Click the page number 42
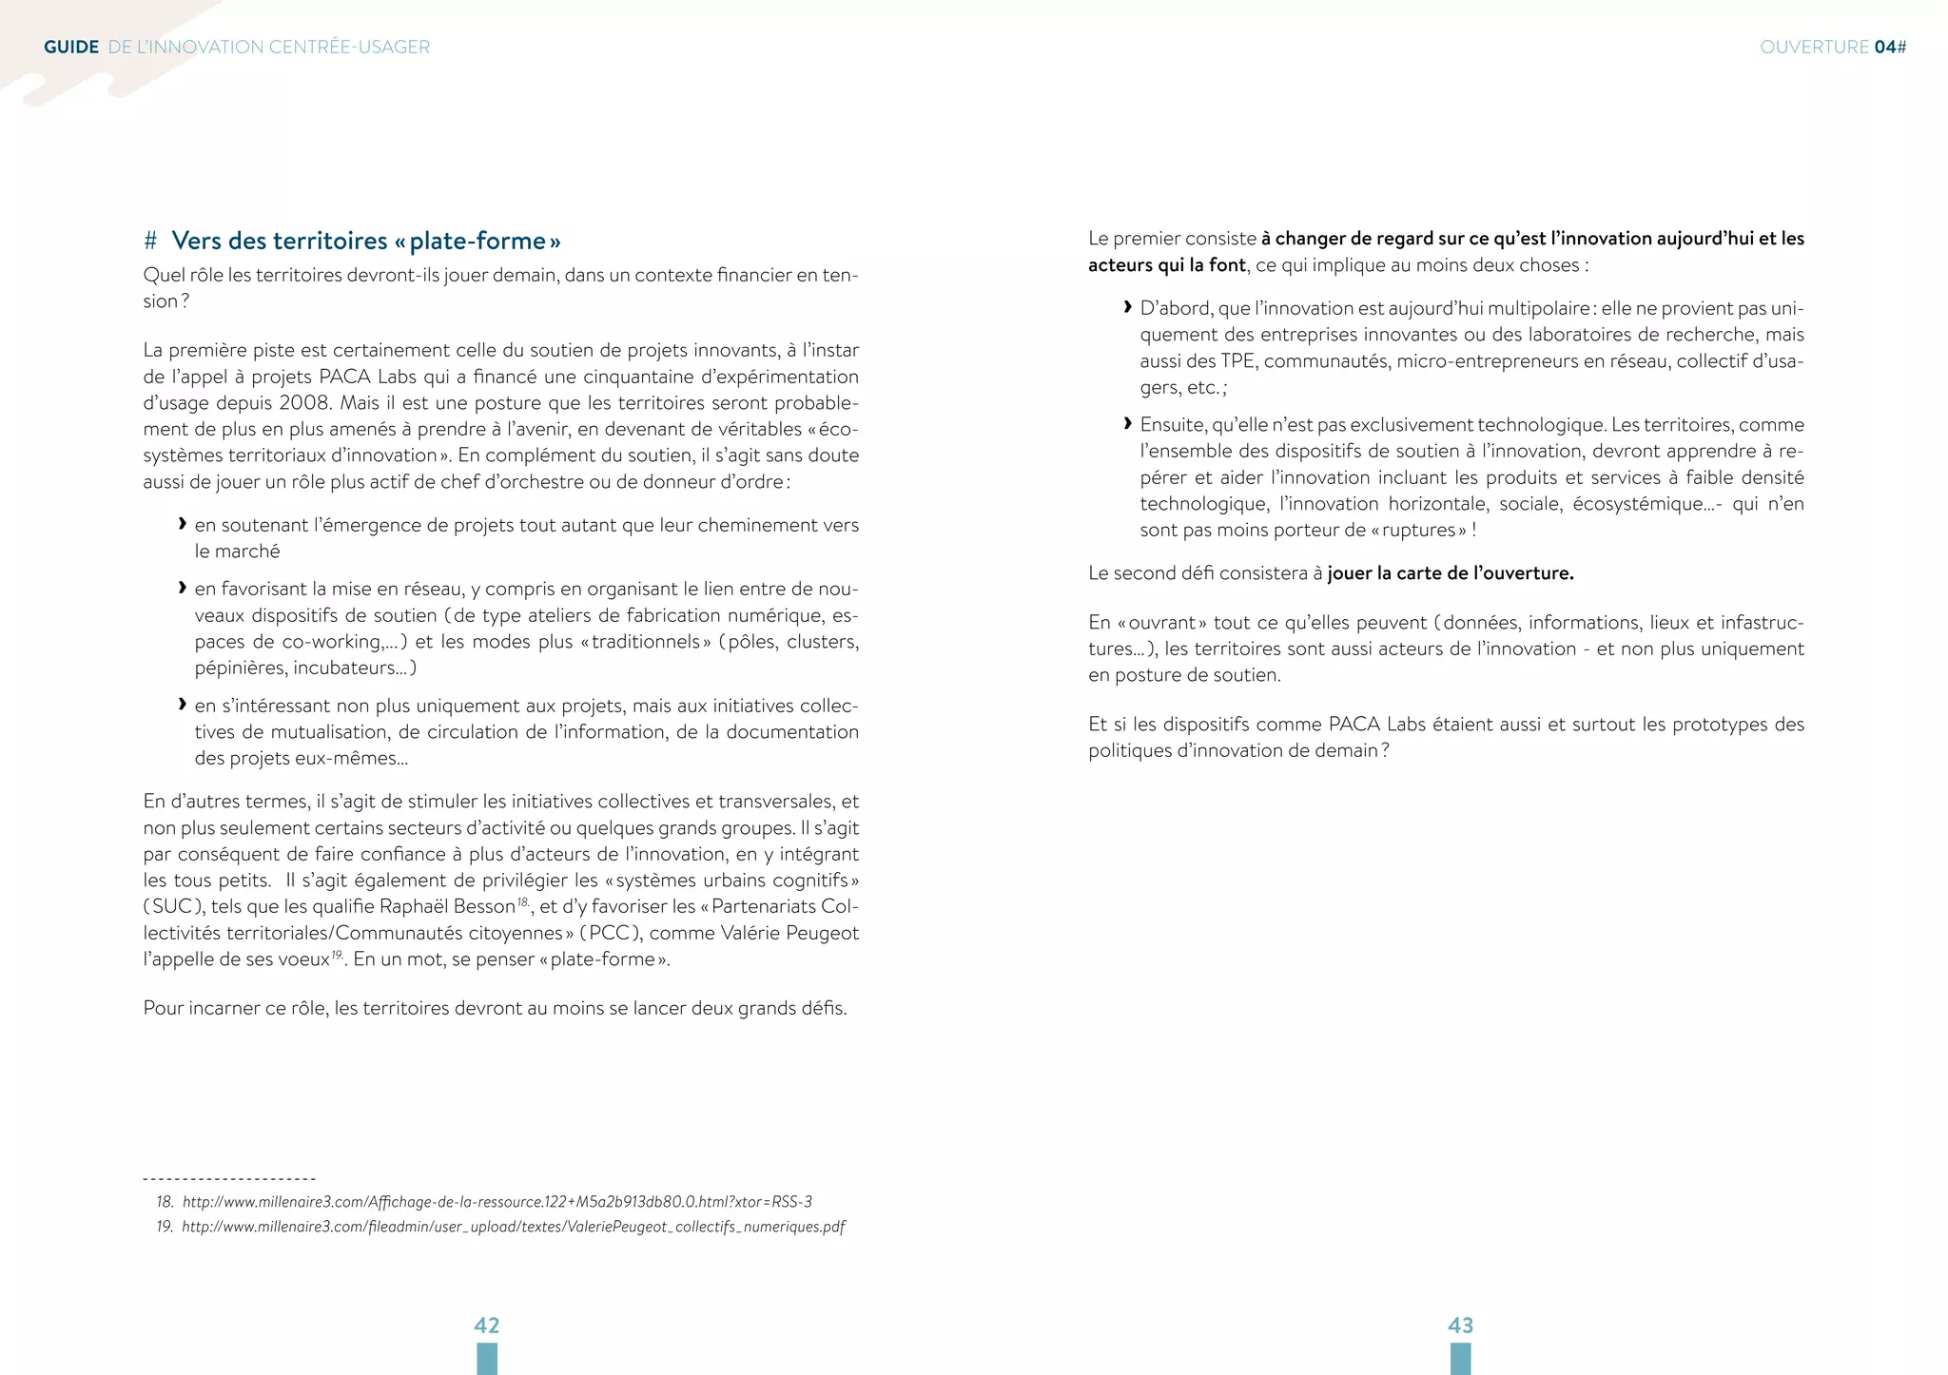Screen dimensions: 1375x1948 pyautogui.click(x=486, y=1325)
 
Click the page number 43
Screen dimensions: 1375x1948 pyautogui.click(x=1460, y=1325)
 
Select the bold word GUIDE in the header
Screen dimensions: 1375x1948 pyautogui.click(x=71, y=47)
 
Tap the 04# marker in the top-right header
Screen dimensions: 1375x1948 pyautogui.click(x=1890, y=47)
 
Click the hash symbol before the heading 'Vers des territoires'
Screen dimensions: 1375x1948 pyautogui.click(x=150, y=241)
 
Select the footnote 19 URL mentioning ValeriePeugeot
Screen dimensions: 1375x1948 pyautogui.click(x=514, y=1227)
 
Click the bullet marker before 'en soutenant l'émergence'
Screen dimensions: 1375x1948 pyautogui.click(x=182, y=524)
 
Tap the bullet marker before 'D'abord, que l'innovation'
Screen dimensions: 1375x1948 pyautogui.click(x=1127, y=307)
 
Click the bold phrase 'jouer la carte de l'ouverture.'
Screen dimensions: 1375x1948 pyautogui.click(x=1451, y=573)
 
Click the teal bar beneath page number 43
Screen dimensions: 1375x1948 pyautogui.click(x=1460, y=1359)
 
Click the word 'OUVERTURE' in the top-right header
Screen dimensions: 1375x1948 pyautogui.click(x=1814, y=47)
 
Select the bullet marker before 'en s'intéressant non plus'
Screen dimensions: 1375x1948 pyautogui.click(x=182, y=705)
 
